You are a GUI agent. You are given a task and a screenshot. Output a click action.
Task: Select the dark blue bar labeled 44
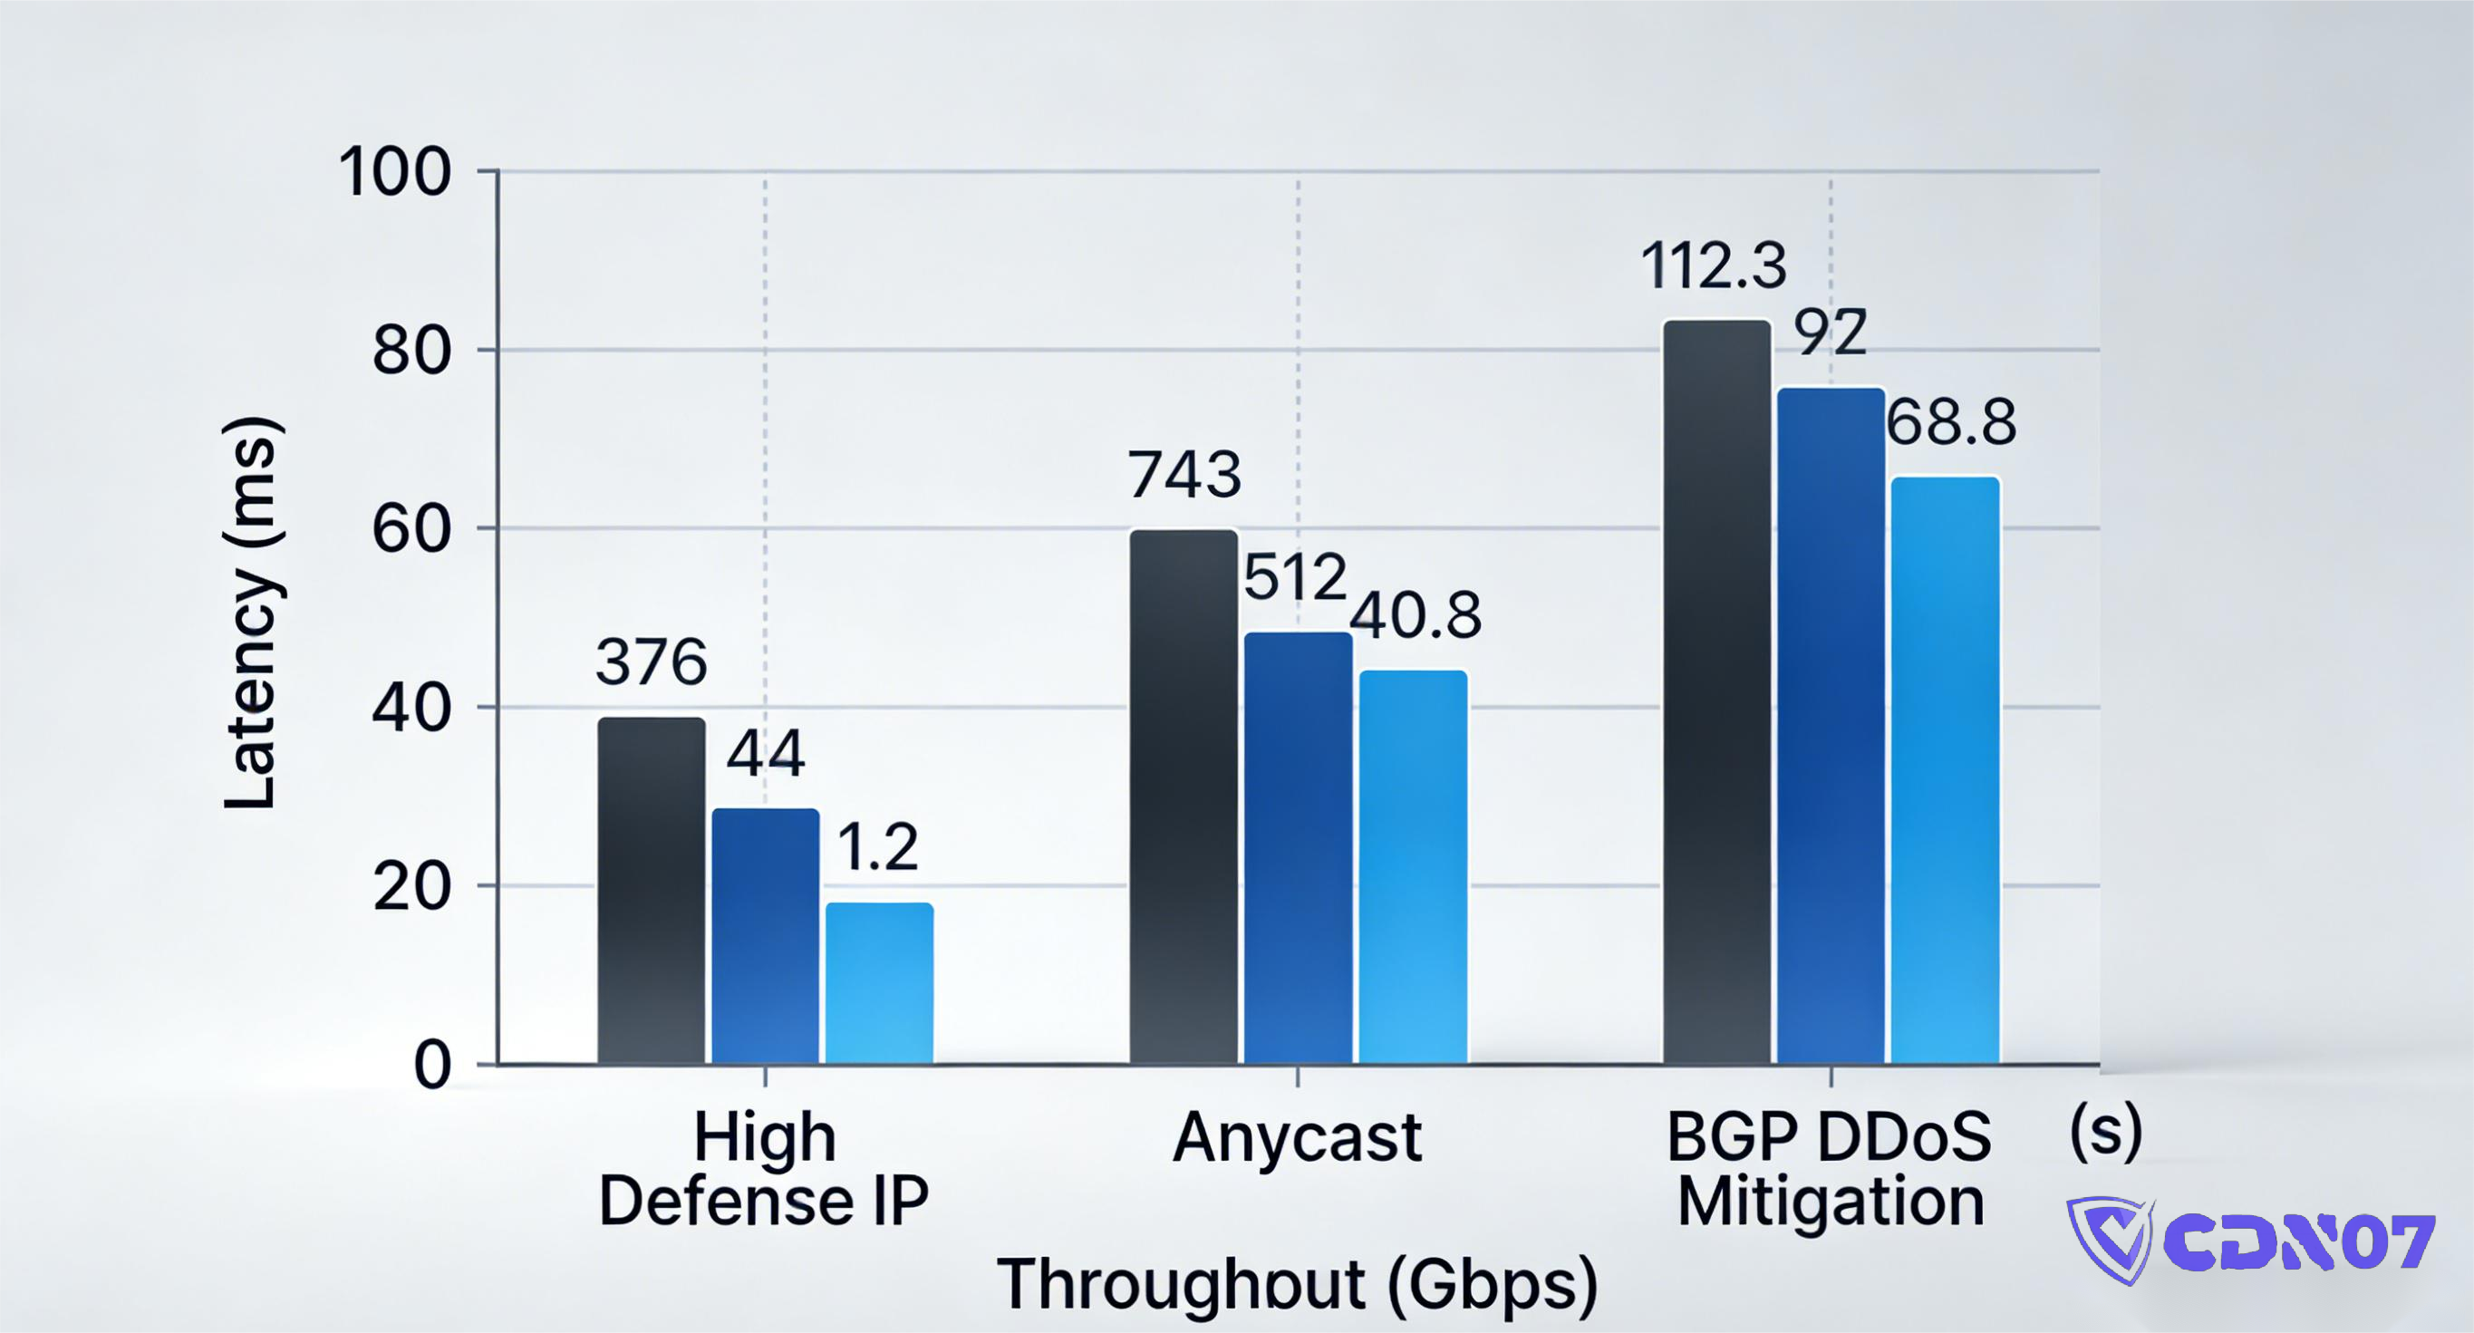click(x=766, y=935)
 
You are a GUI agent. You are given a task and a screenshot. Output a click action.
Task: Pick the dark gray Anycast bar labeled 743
click(x=1184, y=797)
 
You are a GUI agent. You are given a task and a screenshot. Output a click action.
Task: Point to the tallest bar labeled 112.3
click(x=1716, y=691)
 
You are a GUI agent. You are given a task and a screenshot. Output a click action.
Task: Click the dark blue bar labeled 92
click(x=1831, y=725)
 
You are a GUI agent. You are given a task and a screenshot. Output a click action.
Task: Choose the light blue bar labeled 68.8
click(x=1945, y=769)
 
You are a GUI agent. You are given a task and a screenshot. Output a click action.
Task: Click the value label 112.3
click(x=1714, y=266)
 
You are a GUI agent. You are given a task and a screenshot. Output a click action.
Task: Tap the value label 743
click(x=1184, y=475)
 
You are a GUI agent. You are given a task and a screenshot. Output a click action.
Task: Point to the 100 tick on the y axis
click(x=394, y=173)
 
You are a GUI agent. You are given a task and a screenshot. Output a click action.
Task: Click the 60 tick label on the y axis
click(x=411, y=529)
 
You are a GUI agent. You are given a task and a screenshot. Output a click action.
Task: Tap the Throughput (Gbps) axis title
click(x=1298, y=1283)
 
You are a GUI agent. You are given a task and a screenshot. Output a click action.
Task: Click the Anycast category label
click(x=1297, y=1139)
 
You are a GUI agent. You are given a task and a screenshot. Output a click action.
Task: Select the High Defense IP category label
click(x=765, y=1169)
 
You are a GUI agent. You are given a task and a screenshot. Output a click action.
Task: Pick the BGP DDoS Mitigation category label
click(x=1830, y=1169)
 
